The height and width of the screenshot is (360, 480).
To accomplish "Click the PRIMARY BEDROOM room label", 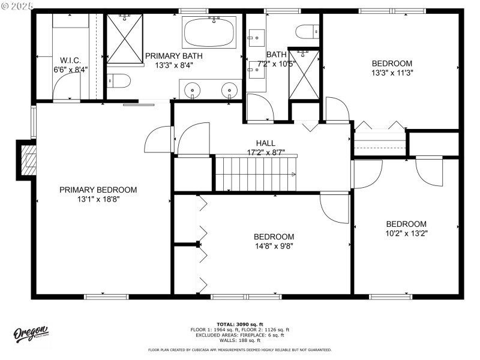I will (x=98, y=190).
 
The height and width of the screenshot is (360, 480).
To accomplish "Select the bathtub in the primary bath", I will (x=209, y=32).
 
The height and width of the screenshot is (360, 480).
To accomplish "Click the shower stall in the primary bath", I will (x=124, y=38).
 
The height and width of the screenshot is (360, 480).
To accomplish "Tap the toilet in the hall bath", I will (x=308, y=31).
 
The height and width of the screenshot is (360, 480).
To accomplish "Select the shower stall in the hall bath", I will (x=304, y=75).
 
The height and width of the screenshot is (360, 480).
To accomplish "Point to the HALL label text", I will (x=266, y=143).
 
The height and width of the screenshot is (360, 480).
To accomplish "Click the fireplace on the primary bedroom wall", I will (x=27, y=160).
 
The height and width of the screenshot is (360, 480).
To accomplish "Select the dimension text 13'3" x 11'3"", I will (x=392, y=73).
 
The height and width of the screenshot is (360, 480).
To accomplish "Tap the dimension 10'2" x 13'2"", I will (x=406, y=233).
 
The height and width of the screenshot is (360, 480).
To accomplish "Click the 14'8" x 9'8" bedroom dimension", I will (x=274, y=245).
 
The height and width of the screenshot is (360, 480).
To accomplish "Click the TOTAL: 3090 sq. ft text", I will (x=240, y=324).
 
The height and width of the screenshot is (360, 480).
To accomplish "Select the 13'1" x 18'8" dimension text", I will (x=98, y=199).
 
